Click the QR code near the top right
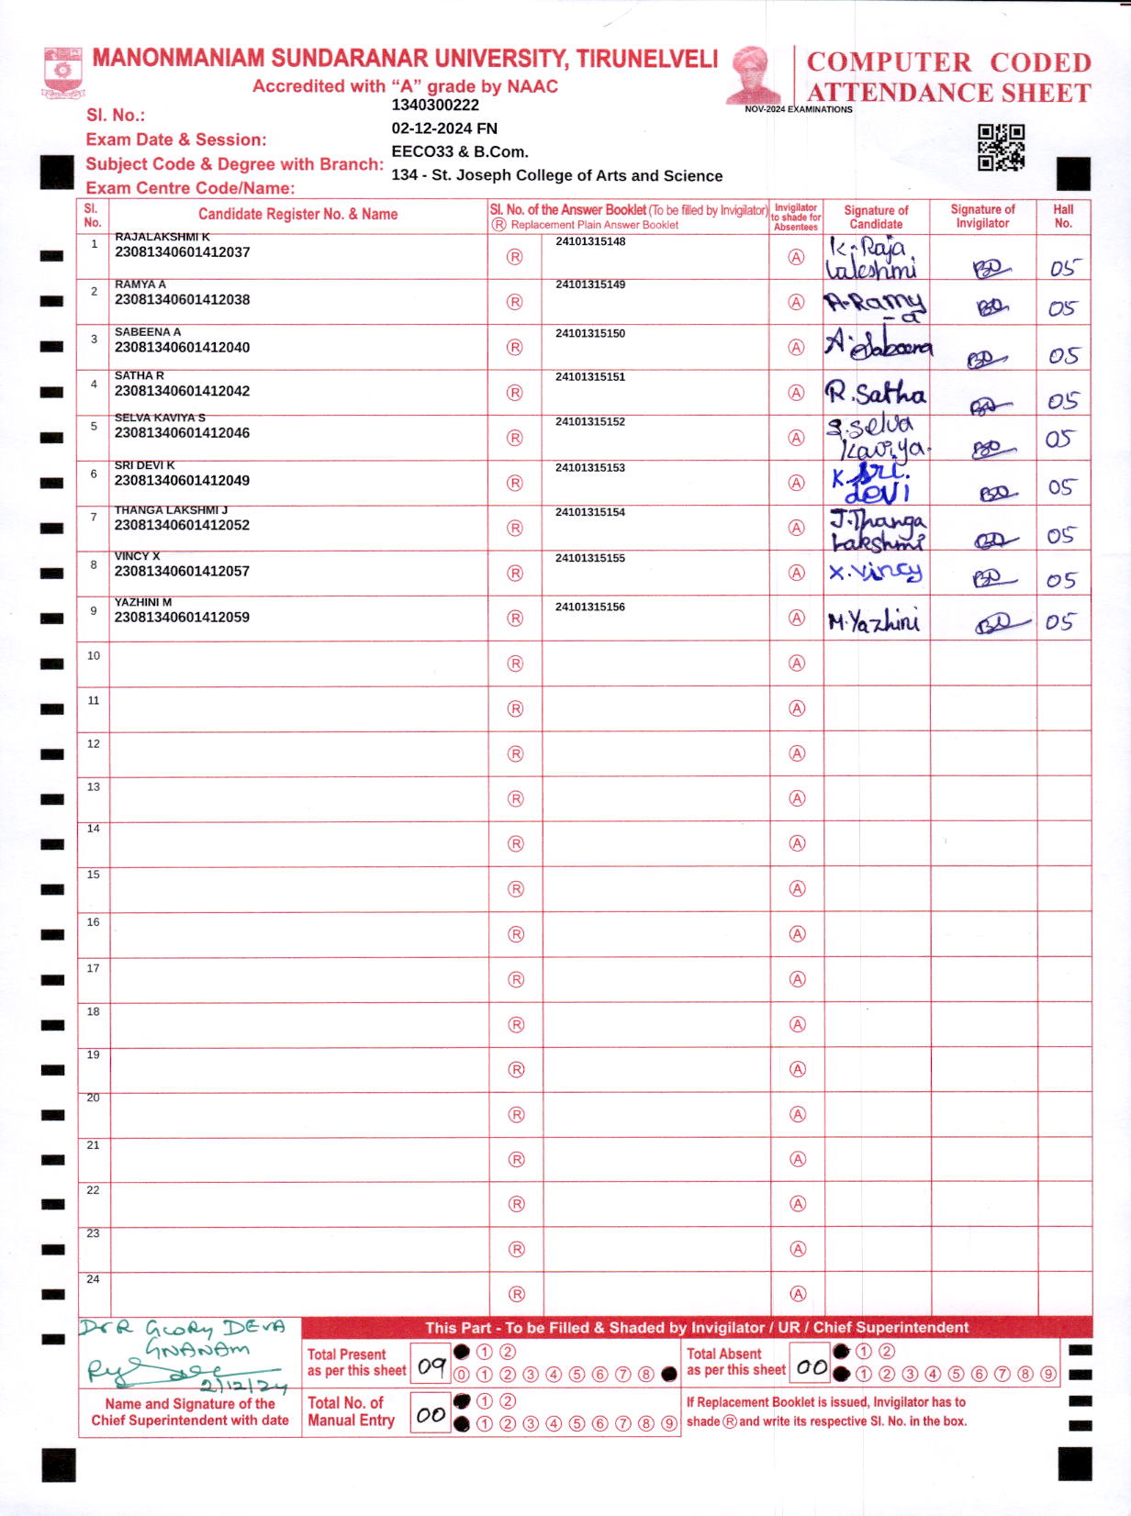coord(1001,147)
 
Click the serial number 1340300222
coord(435,106)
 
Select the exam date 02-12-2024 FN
coord(444,128)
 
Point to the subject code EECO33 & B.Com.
coord(459,152)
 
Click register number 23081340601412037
coord(182,252)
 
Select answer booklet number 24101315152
coord(589,422)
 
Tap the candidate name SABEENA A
coord(148,332)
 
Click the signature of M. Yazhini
coord(873,622)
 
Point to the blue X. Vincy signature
coord(876,573)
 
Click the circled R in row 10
coord(515,663)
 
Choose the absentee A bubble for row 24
coord(798,1294)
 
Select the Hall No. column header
coord(1063,216)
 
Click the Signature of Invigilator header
coord(982,216)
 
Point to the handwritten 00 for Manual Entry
coord(431,1415)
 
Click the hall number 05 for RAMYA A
coord(1062,308)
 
